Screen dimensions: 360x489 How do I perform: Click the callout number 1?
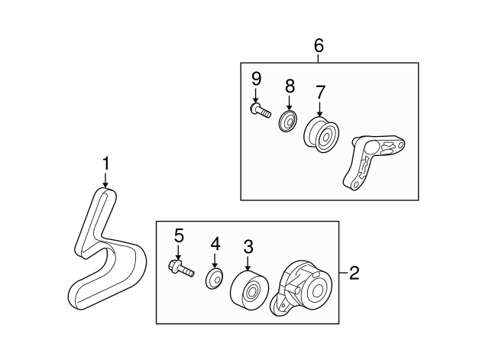pos(105,163)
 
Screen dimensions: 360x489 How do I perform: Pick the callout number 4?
pos(215,244)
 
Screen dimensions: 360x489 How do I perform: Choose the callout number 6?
pos(319,46)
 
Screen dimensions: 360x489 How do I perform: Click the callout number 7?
pos(319,92)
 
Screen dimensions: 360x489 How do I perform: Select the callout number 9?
pos(256,78)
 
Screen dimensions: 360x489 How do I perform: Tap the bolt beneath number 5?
pos(180,268)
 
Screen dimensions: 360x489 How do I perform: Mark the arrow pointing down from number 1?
pos(105,179)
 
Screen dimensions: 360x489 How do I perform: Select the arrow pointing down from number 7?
pos(319,109)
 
